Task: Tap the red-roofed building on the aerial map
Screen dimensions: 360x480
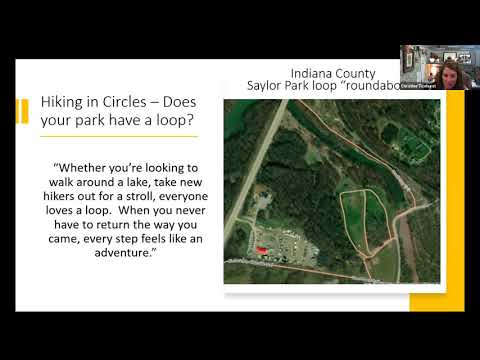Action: [262, 247]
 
